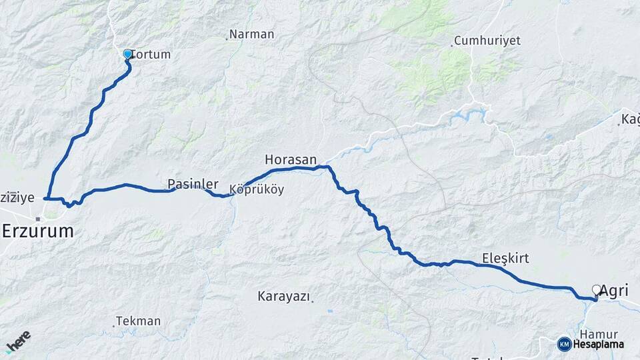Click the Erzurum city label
(x=37, y=231)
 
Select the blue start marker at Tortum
(x=127, y=54)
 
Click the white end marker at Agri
(x=596, y=290)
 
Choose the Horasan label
(x=290, y=159)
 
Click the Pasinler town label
(x=193, y=183)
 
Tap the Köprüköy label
(x=257, y=190)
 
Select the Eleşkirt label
(x=505, y=258)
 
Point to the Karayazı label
(x=283, y=297)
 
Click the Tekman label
(x=139, y=321)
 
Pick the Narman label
(x=251, y=34)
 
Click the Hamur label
(x=599, y=334)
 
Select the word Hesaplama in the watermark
(x=599, y=345)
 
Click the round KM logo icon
(x=564, y=345)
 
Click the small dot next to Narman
(x=227, y=39)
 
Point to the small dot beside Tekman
(x=113, y=326)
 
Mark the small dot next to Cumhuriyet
(x=452, y=45)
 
